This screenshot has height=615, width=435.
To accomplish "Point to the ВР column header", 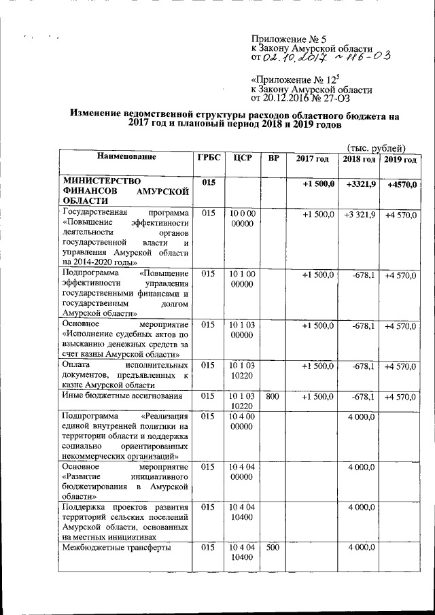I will click(273, 158).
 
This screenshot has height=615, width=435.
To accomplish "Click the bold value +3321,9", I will click(360, 184).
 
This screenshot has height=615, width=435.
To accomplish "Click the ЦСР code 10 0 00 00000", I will click(242, 219).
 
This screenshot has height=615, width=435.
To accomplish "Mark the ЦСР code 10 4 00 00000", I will click(242, 419).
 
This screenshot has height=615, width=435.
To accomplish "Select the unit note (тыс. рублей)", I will click(376, 147).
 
